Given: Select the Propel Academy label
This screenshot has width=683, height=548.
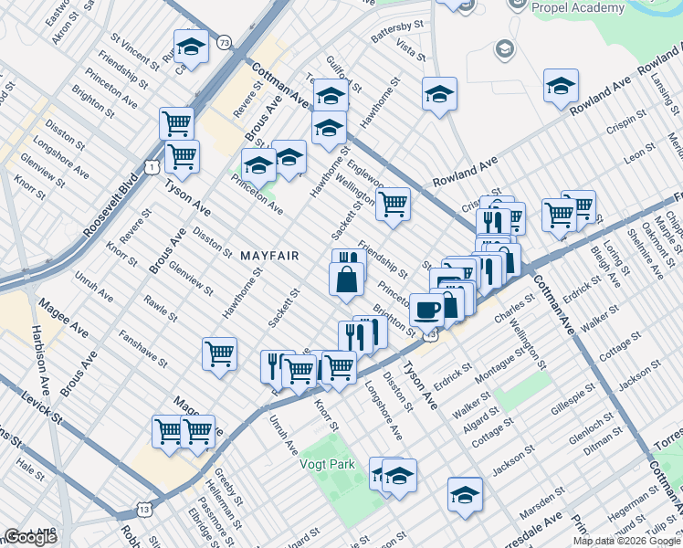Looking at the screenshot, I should [x=579, y=6].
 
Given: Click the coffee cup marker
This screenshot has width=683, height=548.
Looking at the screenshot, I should [x=426, y=309].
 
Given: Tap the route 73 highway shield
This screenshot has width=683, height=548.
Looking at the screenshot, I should [x=226, y=42].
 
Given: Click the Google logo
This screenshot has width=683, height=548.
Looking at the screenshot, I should [x=32, y=537].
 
